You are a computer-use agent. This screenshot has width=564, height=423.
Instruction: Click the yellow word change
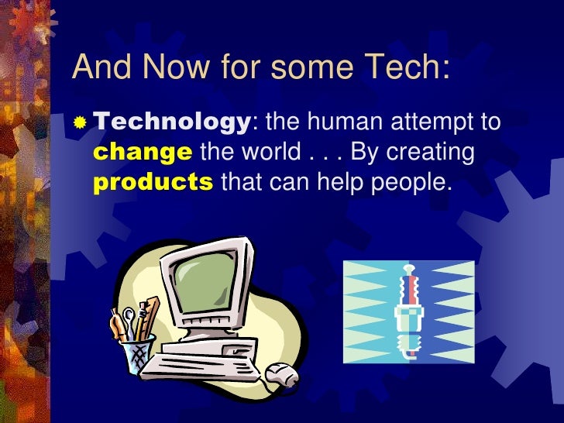point(142,153)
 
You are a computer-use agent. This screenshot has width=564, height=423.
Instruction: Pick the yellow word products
point(153,183)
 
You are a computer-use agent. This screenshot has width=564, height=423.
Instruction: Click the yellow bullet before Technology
point(81,123)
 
